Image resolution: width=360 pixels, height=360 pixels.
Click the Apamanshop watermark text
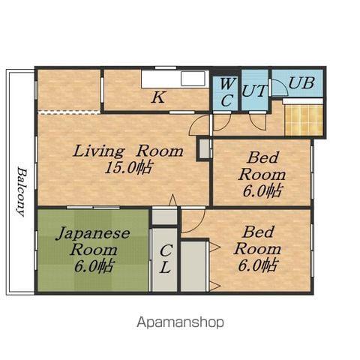click(180, 322)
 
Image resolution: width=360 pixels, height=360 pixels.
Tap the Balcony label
click(22, 192)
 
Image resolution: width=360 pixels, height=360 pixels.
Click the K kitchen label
click(158, 97)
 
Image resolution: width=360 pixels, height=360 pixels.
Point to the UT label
click(254, 91)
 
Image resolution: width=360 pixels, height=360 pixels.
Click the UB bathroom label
click(301, 82)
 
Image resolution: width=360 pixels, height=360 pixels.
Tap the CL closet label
click(165, 259)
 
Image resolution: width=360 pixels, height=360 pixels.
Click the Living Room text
click(128, 151)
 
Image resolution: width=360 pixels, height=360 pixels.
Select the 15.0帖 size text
click(128, 167)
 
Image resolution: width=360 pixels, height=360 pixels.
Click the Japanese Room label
click(93, 241)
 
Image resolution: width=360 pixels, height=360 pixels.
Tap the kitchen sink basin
click(193, 79)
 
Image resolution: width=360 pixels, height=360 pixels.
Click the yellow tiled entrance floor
click(304, 120)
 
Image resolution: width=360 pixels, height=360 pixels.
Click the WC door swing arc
click(226, 126)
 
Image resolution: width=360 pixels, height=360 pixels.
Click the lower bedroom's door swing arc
click(200, 225)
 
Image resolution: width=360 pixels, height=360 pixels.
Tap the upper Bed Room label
click(262, 166)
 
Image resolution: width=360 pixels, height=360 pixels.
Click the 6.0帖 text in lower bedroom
click(257, 265)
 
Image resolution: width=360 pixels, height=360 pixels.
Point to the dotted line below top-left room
click(69, 112)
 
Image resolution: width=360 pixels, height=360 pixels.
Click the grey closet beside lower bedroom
click(193, 266)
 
